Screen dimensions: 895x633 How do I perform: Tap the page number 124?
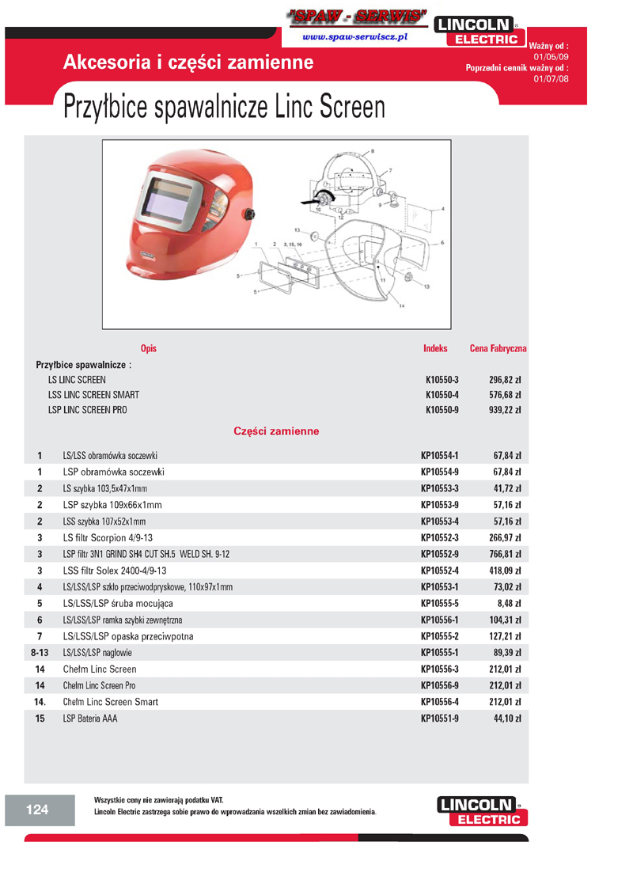[37, 809]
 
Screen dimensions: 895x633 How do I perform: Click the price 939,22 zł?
[505, 410]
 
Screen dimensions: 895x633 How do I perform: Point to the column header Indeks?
[435, 348]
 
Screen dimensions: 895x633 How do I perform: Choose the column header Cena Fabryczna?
[498, 348]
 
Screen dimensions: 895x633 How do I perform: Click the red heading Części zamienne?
[276, 432]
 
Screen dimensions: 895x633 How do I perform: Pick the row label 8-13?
[40, 653]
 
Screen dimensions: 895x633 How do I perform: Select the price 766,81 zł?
[505, 554]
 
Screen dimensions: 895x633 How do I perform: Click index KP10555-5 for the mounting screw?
[440, 604]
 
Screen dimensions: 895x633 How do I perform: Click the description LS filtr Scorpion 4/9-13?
[110, 538]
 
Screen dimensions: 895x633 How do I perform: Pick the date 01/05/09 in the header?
[551, 57]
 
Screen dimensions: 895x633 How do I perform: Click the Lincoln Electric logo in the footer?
[481, 812]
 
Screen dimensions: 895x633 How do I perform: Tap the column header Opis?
[148, 348]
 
